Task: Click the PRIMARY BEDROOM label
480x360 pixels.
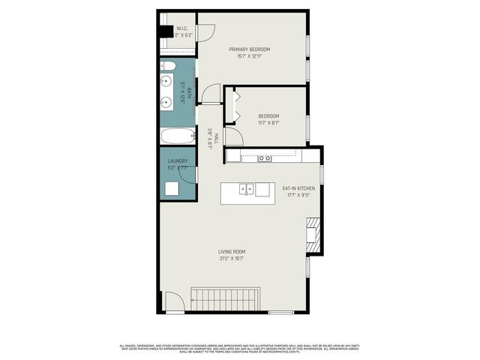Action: coord(250,49)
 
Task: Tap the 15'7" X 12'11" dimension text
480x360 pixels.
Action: coord(250,57)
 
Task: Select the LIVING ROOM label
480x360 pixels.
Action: coord(232,251)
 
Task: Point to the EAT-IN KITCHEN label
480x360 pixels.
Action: coord(298,187)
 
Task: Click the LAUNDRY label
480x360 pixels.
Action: coord(178,160)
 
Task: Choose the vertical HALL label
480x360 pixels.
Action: coord(216,138)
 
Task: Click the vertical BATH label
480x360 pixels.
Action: coord(190,94)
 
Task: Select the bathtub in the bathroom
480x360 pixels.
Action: coord(178,137)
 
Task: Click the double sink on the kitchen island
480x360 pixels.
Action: coord(247,189)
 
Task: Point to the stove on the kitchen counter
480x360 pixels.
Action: coord(264,157)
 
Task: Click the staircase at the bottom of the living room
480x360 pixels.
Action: coord(226,298)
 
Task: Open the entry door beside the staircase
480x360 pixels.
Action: coord(174,303)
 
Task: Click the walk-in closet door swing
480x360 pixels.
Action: coord(206,32)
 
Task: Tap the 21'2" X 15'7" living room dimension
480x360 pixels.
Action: coord(232,259)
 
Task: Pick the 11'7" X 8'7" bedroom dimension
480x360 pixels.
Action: coord(268,122)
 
